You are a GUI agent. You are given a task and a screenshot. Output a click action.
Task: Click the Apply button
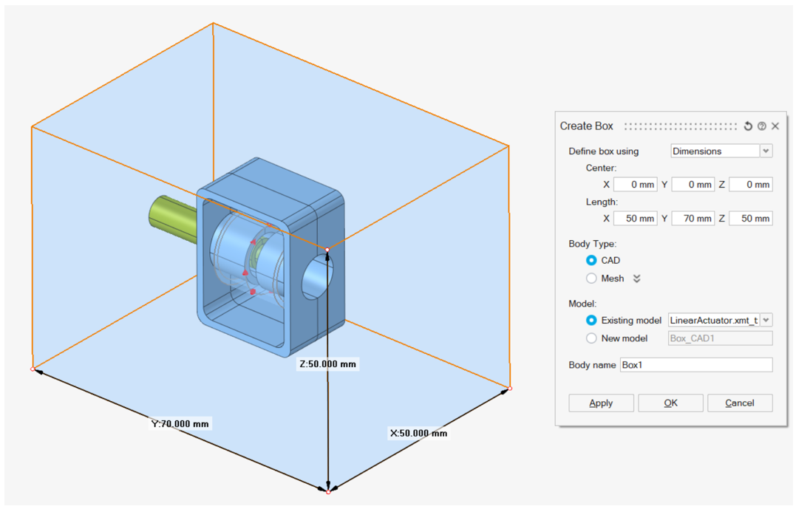click(601, 403)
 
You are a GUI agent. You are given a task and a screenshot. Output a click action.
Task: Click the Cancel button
click(739, 403)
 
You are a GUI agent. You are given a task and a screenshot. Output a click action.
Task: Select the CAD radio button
click(591, 260)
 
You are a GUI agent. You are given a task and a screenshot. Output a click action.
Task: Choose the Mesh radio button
click(591, 279)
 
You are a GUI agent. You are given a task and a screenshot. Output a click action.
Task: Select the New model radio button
click(591, 338)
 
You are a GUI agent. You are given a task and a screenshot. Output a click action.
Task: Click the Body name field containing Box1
click(695, 365)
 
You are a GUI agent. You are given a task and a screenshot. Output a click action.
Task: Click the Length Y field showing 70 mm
click(693, 218)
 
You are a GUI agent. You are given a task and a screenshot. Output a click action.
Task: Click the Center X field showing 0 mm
click(635, 184)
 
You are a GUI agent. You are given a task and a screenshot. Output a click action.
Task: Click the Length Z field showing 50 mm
click(750, 218)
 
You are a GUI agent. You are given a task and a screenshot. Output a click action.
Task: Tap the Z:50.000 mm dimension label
click(328, 364)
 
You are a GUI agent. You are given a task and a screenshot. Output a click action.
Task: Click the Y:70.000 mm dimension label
click(180, 423)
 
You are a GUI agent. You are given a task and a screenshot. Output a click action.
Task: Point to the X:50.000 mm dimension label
click(418, 433)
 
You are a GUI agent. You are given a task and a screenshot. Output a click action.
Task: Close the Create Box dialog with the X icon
click(775, 126)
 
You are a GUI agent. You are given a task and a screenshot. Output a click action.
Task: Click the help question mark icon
click(762, 126)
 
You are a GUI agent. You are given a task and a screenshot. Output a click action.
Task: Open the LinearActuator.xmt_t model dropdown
click(766, 320)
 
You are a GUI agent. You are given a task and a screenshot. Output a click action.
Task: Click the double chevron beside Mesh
click(637, 279)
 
